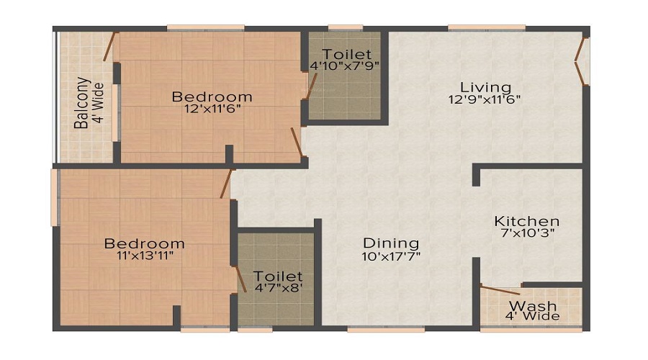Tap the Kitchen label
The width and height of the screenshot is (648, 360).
coord(526,221)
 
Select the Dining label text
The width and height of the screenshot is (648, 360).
coord(391,243)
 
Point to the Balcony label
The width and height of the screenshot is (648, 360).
coord(83,102)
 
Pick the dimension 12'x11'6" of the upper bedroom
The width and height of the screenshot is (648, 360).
coord(211,109)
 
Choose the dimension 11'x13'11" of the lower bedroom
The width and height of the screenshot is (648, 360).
coord(143,255)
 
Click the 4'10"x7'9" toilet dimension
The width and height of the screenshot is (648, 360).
coord(344,66)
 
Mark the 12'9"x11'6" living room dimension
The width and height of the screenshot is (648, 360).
coord(485,100)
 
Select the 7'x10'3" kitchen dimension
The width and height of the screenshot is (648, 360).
coord(526,233)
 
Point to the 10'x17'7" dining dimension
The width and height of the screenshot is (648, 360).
coord(391,255)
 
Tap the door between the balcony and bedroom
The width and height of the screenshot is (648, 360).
coord(109,46)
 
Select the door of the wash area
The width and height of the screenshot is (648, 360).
coord(500,291)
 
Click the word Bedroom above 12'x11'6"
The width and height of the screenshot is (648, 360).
coord(212,96)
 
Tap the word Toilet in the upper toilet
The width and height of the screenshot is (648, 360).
coord(346,54)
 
